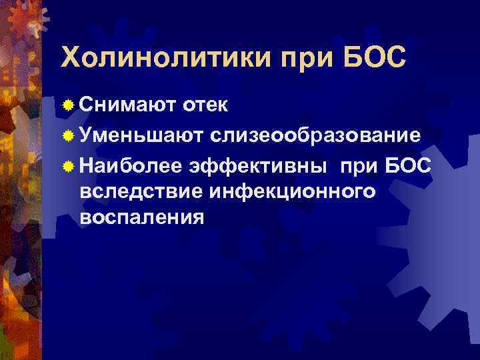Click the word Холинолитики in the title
(x=163, y=58)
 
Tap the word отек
(x=205, y=105)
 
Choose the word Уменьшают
(x=141, y=135)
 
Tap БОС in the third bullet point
(x=409, y=165)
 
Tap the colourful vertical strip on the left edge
(x=20, y=200)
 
